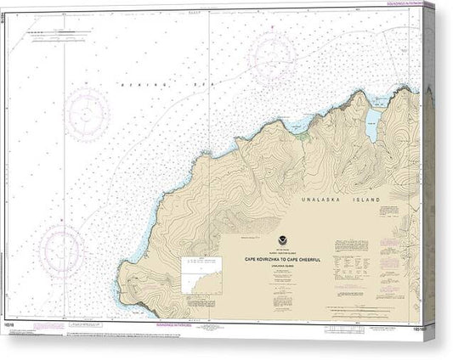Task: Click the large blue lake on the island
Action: tap(372, 126)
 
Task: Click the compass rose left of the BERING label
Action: tap(88, 113)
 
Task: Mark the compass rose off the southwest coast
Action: tap(60, 247)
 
